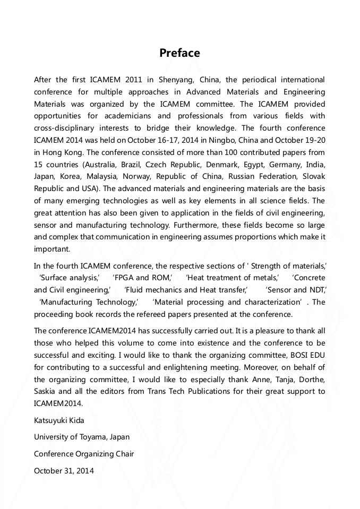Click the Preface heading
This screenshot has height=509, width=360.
179,53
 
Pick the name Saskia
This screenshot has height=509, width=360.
46,392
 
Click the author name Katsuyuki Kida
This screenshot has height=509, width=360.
59,420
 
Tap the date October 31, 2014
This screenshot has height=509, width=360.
64,471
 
